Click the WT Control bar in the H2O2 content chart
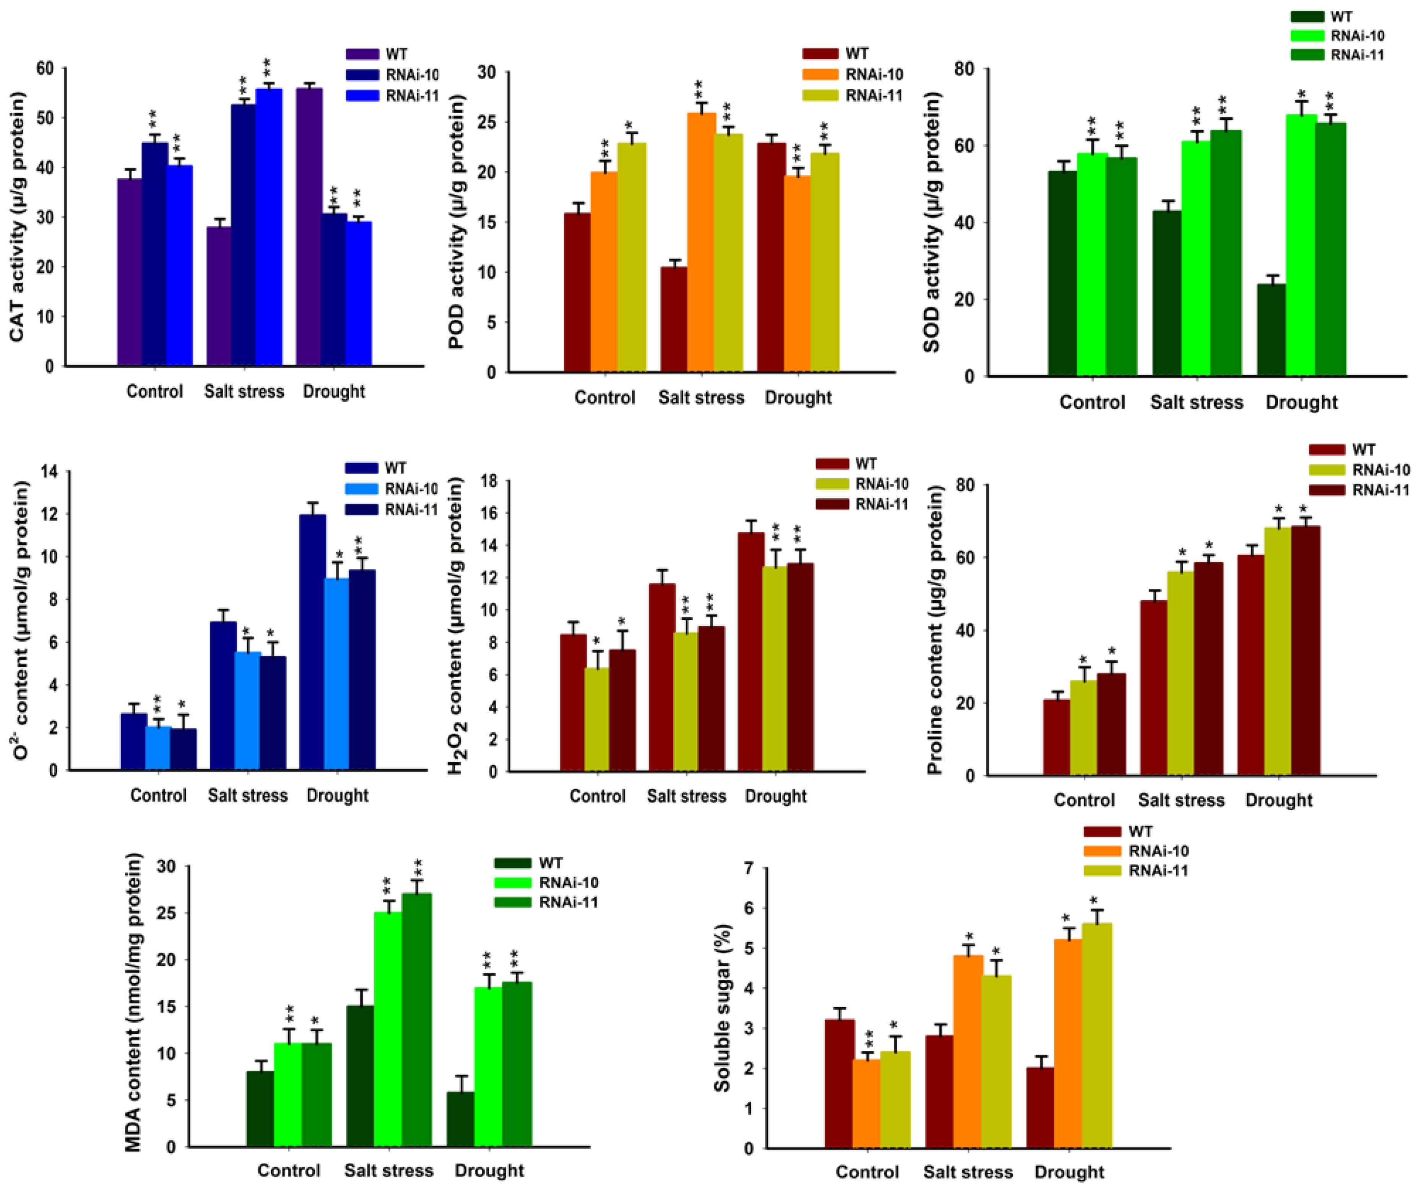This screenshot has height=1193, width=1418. click(x=573, y=703)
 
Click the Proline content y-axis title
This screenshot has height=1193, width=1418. click(x=935, y=632)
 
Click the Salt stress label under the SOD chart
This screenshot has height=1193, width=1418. click(x=1196, y=402)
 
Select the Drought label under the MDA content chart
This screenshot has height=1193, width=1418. click(x=489, y=1170)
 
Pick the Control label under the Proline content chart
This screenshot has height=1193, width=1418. click(x=1083, y=800)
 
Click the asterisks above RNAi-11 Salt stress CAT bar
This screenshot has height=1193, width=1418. click(x=268, y=68)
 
